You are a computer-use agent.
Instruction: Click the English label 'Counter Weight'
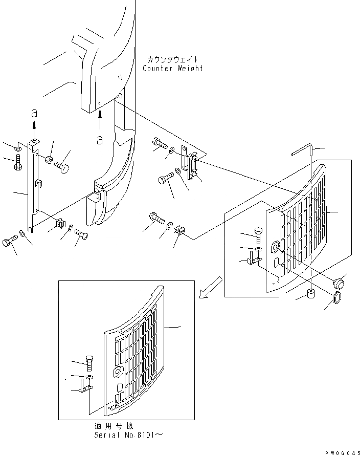(x=172, y=69)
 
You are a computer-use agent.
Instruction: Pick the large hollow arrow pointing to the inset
(x=210, y=288)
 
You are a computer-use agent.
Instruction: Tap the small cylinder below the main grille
(x=310, y=294)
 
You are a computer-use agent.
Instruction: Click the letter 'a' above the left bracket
(x=34, y=112)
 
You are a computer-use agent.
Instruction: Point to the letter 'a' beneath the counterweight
(x=100, y=138)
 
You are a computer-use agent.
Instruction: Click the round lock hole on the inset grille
(x=119, y=371)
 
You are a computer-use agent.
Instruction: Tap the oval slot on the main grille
(x=276, y=263)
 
